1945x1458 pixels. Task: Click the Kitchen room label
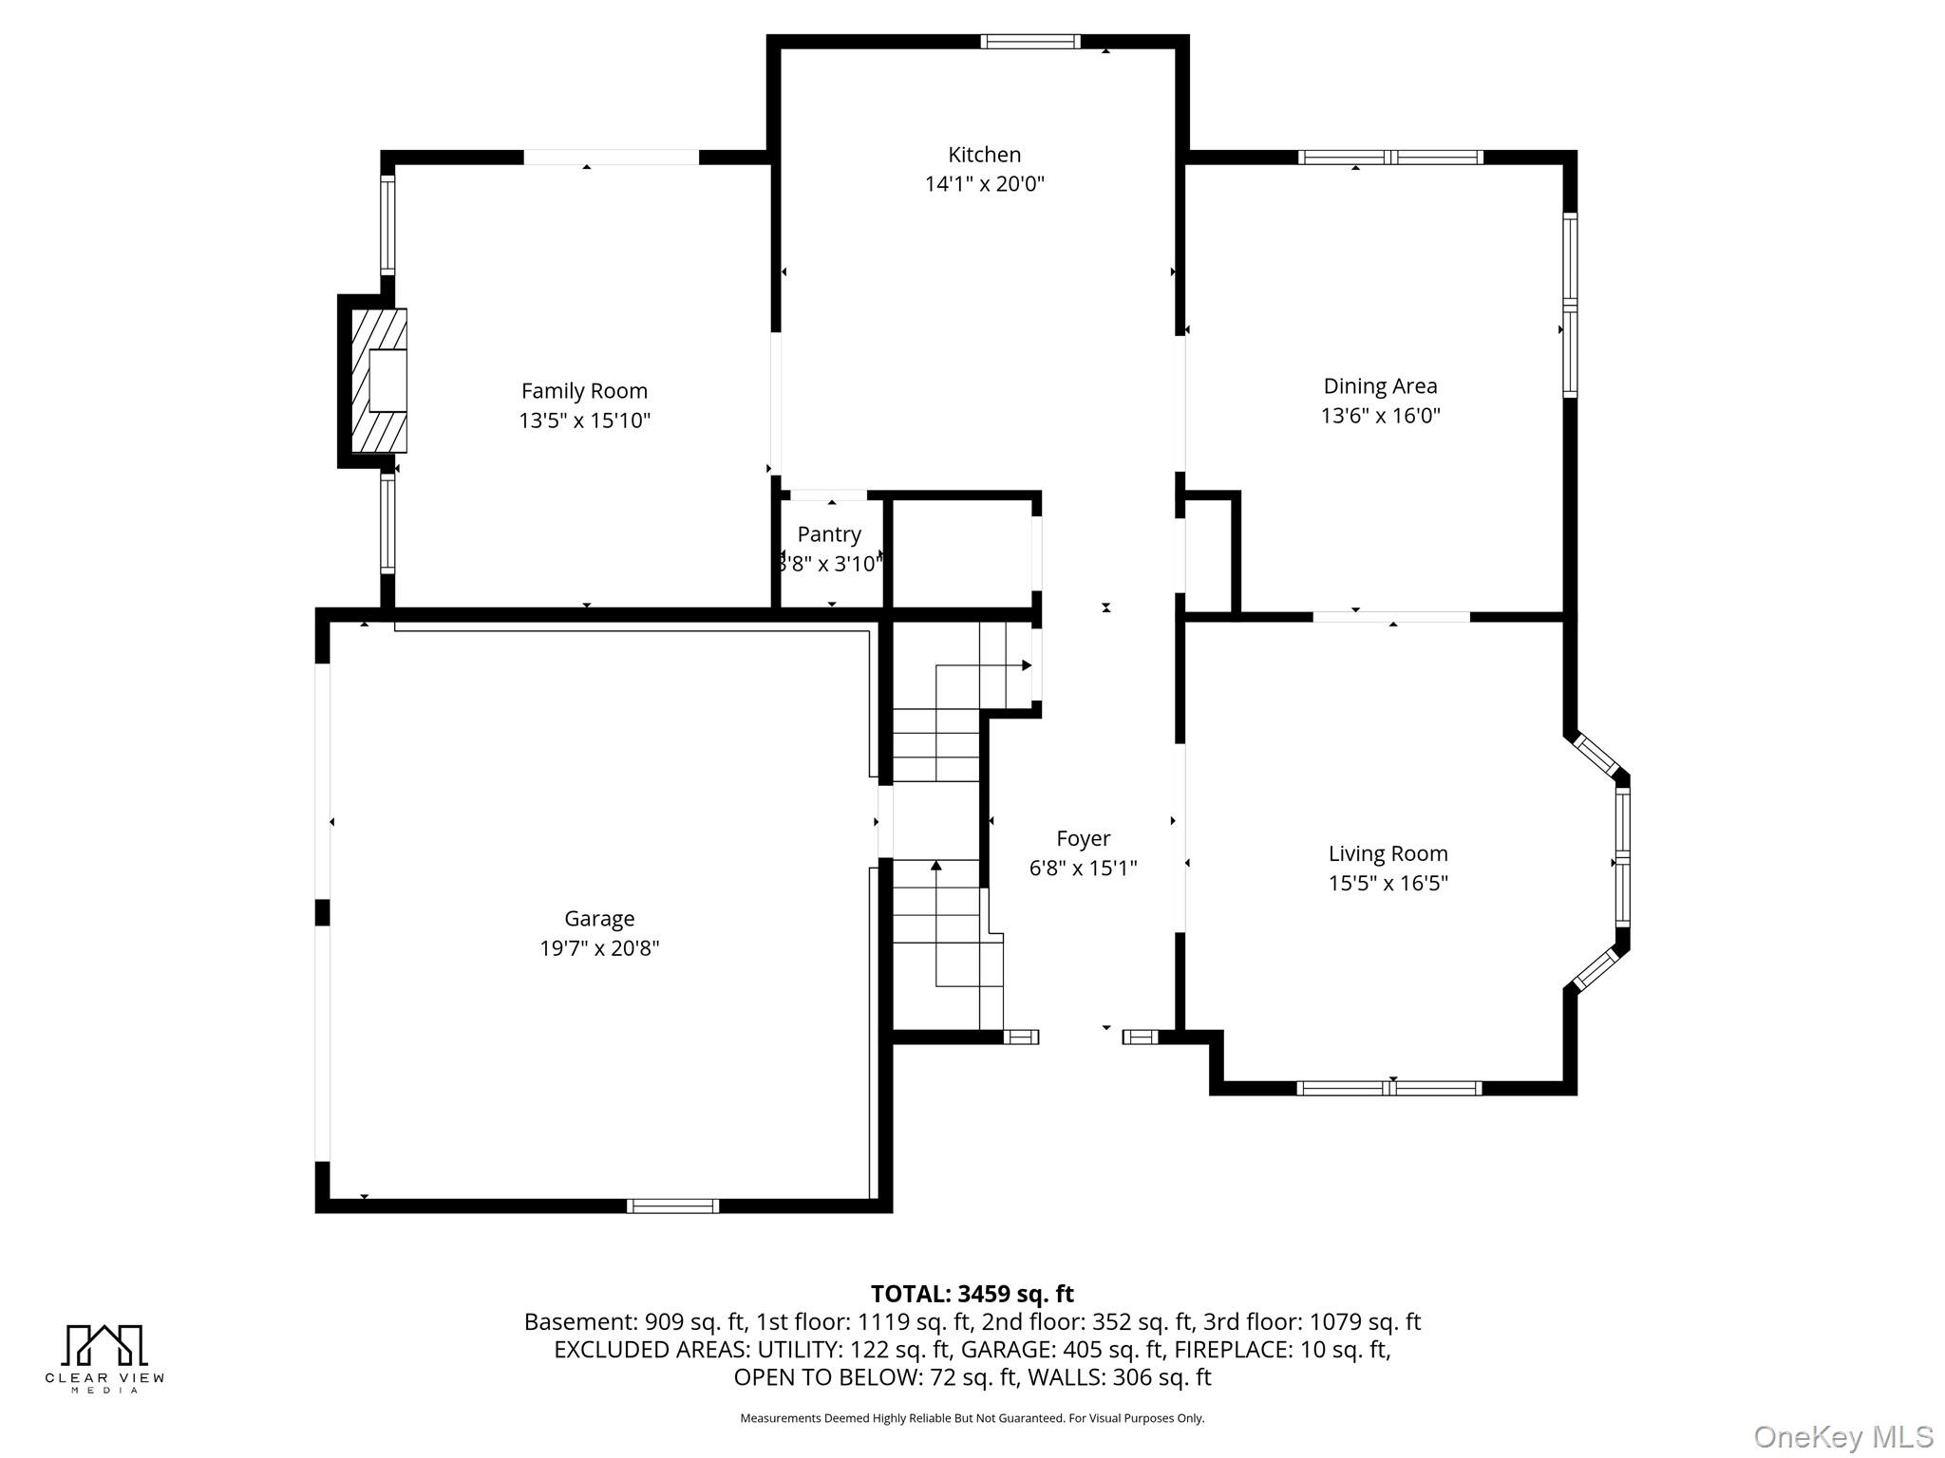pos(984,155)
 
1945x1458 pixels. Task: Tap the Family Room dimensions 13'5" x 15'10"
pos(584,421)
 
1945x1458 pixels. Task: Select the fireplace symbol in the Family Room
pos(380,381)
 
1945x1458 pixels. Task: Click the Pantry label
pos(829,534)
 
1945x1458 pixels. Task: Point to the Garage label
pos(598,919)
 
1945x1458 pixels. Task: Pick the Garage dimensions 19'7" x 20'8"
pos(598,948)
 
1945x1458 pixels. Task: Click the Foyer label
pos(1083,839)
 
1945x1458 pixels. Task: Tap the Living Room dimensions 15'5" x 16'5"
pos(1388,884)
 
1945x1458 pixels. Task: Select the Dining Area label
pos(1380,386)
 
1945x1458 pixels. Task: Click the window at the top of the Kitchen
pos(1029,42)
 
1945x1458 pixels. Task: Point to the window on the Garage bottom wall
pos(672,1206)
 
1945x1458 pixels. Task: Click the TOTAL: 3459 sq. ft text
pos(972,1294)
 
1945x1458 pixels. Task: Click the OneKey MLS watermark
pos(1842,1436)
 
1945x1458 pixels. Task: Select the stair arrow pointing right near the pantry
pos(1026,665)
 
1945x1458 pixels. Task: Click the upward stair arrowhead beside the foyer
pos(936,865)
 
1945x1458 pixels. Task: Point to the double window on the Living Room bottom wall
pos(1388,1089)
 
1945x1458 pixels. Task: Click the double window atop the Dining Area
pos(1390,158)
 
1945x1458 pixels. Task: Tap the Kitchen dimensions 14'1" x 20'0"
pos(984,184)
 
